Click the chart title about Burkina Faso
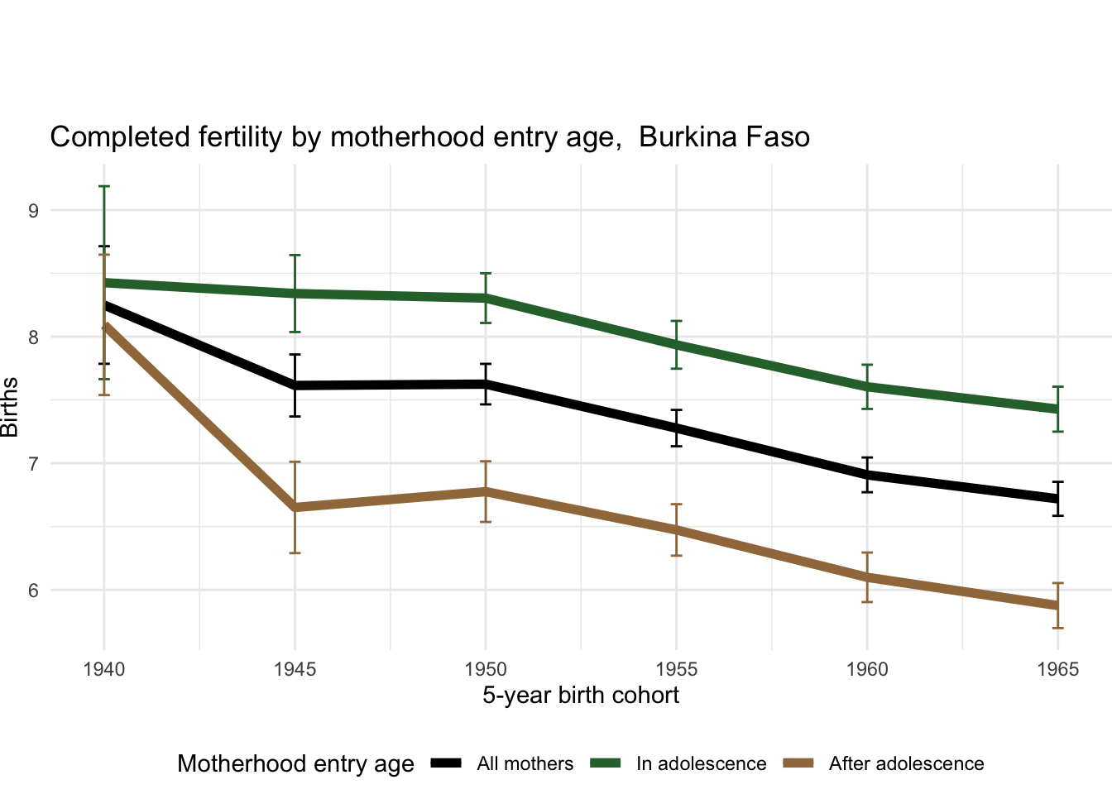tap(429, 136)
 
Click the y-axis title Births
tap(10, 407)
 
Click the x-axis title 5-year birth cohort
tap(581, 695)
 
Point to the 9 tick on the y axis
tap(33, 210)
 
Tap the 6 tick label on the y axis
tap(33, 590)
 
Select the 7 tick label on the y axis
tap(33, 463)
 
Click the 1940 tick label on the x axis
tap(104, 668)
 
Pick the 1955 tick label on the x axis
tap(676, 668)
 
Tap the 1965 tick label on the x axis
tap(1057, 668)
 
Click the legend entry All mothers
tap(525, 763)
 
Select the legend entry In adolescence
tap(701, 763)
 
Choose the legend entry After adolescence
tap(906, 763)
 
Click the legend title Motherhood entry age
tap(295, 763)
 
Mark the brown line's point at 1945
tap(295, 507)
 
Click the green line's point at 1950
tap(486, 298)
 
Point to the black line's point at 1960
tap(867, 475)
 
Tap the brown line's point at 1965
tap(1057, 605)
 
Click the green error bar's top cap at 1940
tap(104, 187)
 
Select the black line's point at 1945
tap(295, 385)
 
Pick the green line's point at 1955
tap(676, 344)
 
